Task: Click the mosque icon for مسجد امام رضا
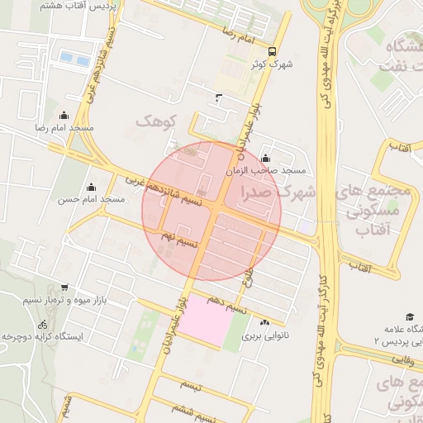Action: (64, 116)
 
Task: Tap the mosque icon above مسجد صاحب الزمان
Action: (265, 159)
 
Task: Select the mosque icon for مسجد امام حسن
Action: (91, 188)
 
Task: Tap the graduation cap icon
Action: (410, 316)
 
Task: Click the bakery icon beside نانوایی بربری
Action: (264, 323)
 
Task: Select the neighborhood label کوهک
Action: (157, 121)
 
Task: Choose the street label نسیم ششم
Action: (184, 410)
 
